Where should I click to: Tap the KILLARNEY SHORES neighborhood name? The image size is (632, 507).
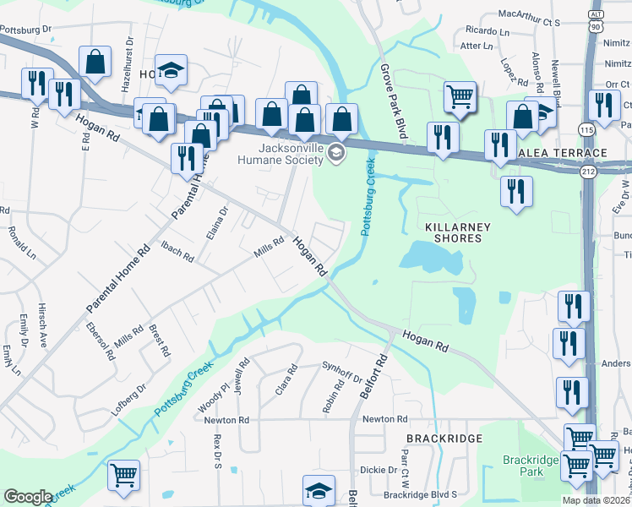(x=453, y=232)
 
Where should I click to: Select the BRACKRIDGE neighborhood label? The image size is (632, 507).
(x=444, y=439)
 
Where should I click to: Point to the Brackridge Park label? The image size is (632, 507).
(x=530, y=466)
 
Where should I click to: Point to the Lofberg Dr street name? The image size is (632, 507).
(x=128, y=399)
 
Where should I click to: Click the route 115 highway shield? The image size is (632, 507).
(x=586, y=128)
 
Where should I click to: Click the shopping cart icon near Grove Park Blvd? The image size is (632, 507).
(x=460, y=97)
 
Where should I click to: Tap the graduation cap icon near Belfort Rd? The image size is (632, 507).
(x=319, y=490)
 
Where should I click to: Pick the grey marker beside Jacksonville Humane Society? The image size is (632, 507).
(x=336, y=152)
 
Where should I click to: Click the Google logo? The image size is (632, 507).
(x=28, y=497)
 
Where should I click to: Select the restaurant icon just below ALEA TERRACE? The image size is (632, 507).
(x=515, y=192)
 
